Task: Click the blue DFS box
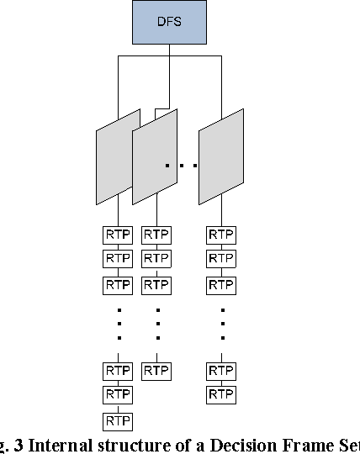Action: click(169, 22)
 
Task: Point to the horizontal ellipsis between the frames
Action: click(181, 166)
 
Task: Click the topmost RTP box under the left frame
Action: click(118, 235)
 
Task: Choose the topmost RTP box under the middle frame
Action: click(156, 235)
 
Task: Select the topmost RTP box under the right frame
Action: click(222, 235)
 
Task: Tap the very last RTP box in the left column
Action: click(118, 420)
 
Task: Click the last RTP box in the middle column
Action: click(156, 370)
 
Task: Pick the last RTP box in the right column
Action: click(222, 394)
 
